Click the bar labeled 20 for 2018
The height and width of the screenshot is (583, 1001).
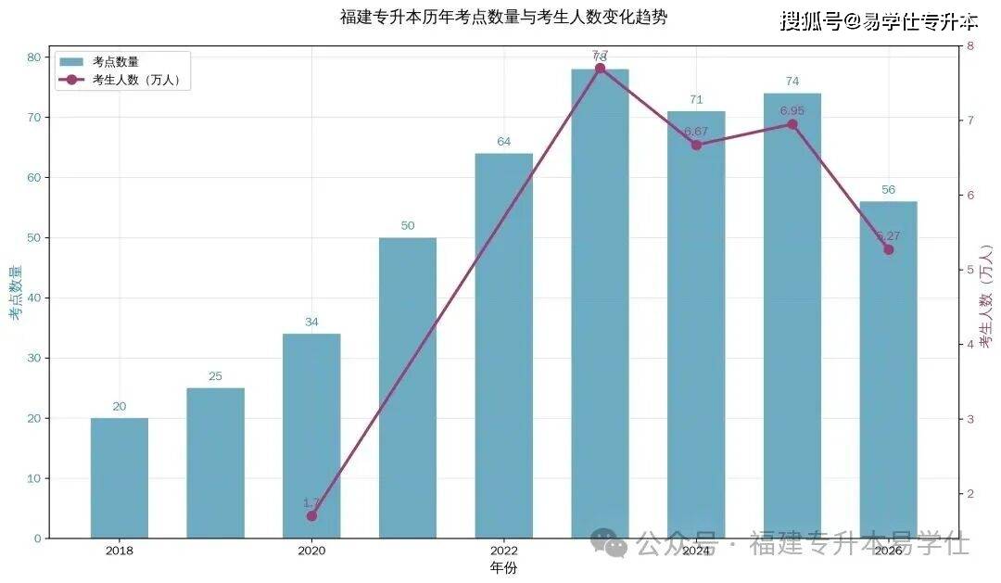pyautogui.click(x=120, y=477)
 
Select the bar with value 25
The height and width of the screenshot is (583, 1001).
pyautogui.click(x=215, y=463)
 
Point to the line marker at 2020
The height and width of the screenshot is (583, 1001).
pyautogui.click(x=311, y=515)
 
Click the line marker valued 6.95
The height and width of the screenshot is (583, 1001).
pyautogui.click(x=792, y=124)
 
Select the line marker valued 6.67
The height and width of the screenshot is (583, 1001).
pyautogui.click(x=696, y=145)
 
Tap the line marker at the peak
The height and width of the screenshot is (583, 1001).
pyautogui.click(x=600, y=68)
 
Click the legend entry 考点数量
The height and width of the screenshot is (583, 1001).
pyautogui.click(x=115, y=62)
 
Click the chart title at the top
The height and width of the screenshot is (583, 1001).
pyautogui.click(x=503, y=17)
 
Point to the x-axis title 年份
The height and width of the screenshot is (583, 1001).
pyautogui.click(x=503, y=566)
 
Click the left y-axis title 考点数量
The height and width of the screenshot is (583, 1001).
pyautogui.click(x=15, y=293)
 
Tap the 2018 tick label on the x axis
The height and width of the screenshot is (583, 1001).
pyautogui.click(x=120, y=551)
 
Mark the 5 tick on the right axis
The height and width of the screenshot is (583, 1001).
pyautogui.click(x=970, y=270)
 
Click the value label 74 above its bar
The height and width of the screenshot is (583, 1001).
pyautogui.click(x=792, y=82)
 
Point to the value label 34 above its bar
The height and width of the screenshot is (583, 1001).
pyautogui.click(x=311, y=323)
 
